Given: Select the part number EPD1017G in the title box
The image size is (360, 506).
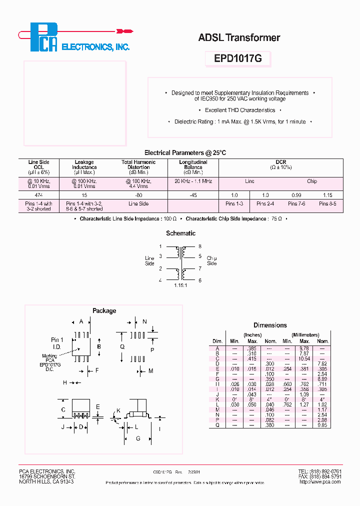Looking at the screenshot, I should pyautogui.click(x=237, y=58).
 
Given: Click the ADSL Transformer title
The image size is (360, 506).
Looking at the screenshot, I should pyautogui.click(x=239, y=37).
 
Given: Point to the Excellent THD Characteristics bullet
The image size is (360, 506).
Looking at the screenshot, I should pyautogui.click(x=240, y=110).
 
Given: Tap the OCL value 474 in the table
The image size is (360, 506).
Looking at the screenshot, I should pyautogui.click(x=39, y=194).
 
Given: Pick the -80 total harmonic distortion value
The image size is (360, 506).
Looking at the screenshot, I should pyautogui.click(x=138, y=194).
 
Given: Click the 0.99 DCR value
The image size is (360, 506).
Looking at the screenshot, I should pyautogui.click(x=297, y=194).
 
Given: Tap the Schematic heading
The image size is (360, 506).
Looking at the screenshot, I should pyautogui.click(x=180, y=233).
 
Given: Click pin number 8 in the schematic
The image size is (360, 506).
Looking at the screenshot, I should pyautogui.click(x=200, y=246).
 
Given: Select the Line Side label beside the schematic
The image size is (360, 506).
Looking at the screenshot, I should pyautogui.click(x=149, y=261).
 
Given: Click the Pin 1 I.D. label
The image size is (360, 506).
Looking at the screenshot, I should pyautogui.click(x=57, y=343).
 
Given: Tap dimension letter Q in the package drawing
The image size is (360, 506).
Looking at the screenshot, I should pyautogui.click(x=122, y=345).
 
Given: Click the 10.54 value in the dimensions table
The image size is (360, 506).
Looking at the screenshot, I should pyautogui.click(x=304, y=358).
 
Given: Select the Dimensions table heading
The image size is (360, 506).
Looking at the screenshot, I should pyautogui.click(x=270, y=325).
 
